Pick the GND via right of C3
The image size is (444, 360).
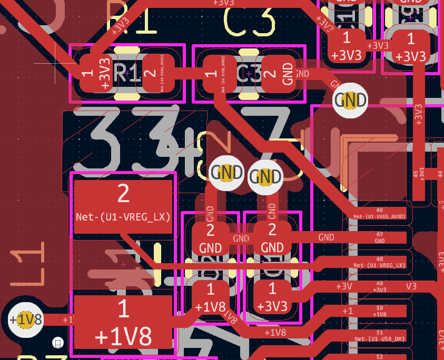(350, 100)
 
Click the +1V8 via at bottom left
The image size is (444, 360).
(25, 319)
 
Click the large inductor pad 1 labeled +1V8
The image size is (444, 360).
(123, 321)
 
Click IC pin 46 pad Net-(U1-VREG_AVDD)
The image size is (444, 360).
(379, 214)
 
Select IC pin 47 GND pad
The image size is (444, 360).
(379, 237)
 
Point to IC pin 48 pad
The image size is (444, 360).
(379, 262)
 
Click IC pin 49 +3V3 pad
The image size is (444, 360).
(379, 287)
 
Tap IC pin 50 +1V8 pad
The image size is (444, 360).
(379, 311)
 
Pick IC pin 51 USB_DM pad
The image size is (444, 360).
(379, 336)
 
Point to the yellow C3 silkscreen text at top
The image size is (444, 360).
(250, 21)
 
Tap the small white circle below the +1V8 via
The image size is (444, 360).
(58, 343)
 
